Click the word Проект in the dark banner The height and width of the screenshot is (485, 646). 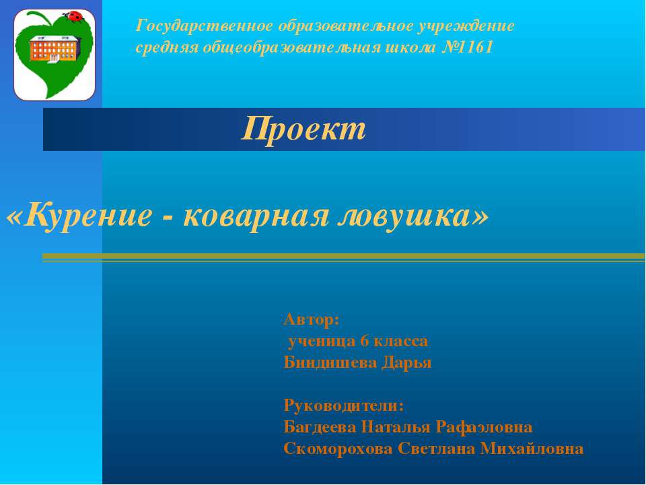point(304,128)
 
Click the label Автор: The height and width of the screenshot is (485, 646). point(312,319)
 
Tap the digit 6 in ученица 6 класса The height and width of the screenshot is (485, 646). point(365,341)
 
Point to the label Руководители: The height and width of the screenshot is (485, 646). point(344,406)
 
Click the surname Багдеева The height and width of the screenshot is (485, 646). point(320,427)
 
